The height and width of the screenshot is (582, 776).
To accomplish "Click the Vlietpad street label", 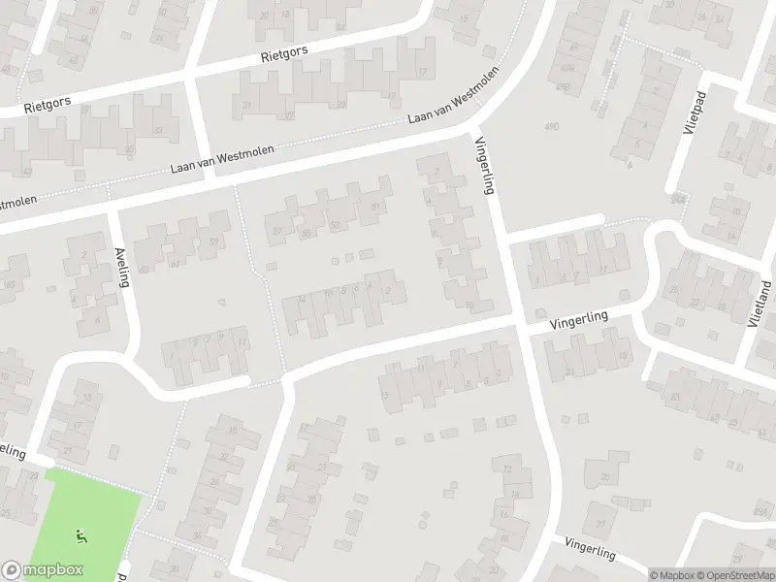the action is click(x=692, y=122).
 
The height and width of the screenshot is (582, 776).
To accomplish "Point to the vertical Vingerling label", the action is click(x=485, y=165).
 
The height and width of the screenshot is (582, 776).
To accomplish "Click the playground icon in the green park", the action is click(x=81, y=534).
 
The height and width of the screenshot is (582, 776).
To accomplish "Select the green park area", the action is click(x=87, y=514).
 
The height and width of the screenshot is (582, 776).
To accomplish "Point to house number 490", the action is click(x=552, y=126).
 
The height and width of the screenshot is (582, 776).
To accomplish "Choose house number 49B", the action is click(x=563, y=87).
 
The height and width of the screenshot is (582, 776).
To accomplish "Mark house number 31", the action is click(x=247, y=105).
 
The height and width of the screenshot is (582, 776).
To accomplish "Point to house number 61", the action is click(x=176, y=263).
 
